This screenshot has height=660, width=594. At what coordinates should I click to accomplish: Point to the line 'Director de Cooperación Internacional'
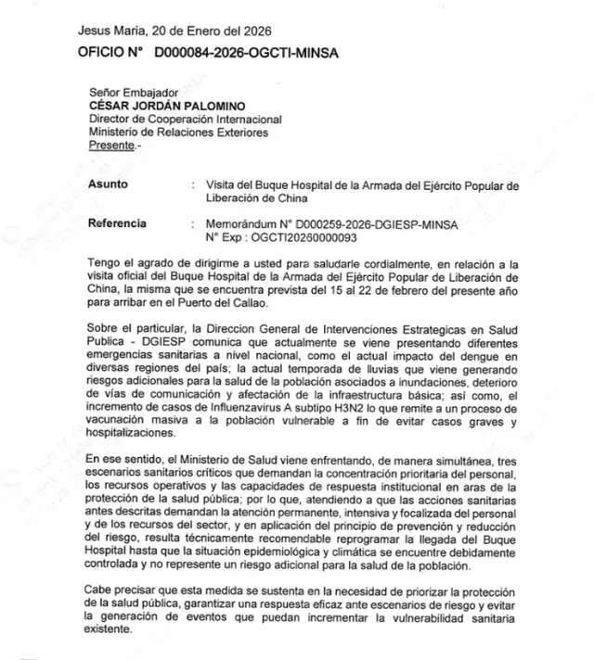click(185, 119)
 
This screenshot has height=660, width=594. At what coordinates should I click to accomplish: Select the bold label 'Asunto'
click(108, 184)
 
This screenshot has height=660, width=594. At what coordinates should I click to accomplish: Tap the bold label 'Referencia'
click(116, 223)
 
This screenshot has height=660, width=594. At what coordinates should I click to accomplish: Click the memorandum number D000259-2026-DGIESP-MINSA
click(357, 223)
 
